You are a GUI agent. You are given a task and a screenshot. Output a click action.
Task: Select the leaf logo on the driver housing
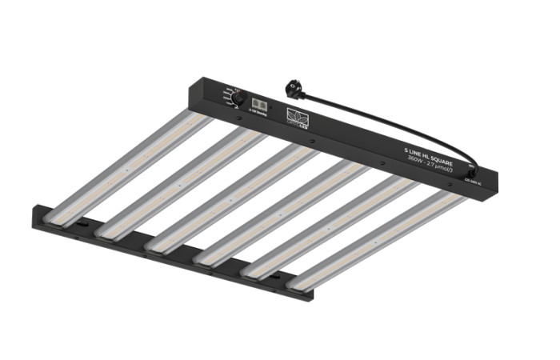coord(297,117)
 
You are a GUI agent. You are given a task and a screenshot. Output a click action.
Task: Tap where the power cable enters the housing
coord(473,170)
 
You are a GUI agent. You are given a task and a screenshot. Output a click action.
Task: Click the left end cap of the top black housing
coord(197,88)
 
